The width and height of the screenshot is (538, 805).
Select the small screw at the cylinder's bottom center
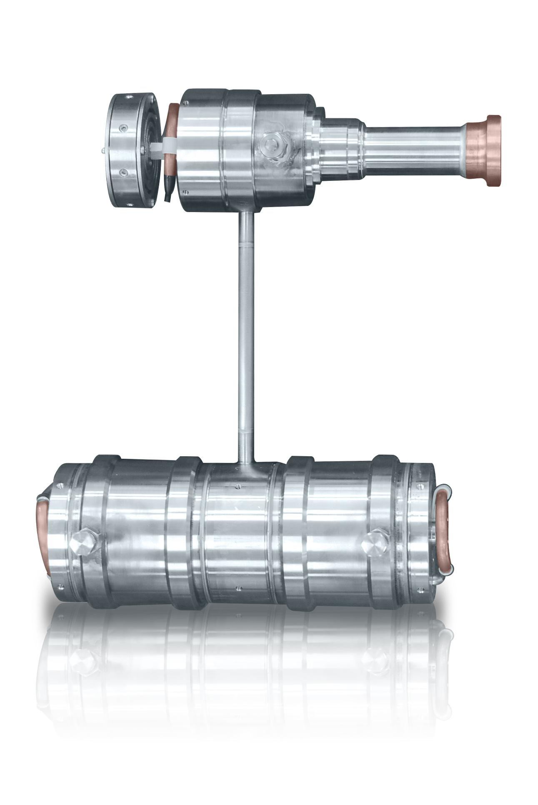pyautogui.click(x=238, y=588)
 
